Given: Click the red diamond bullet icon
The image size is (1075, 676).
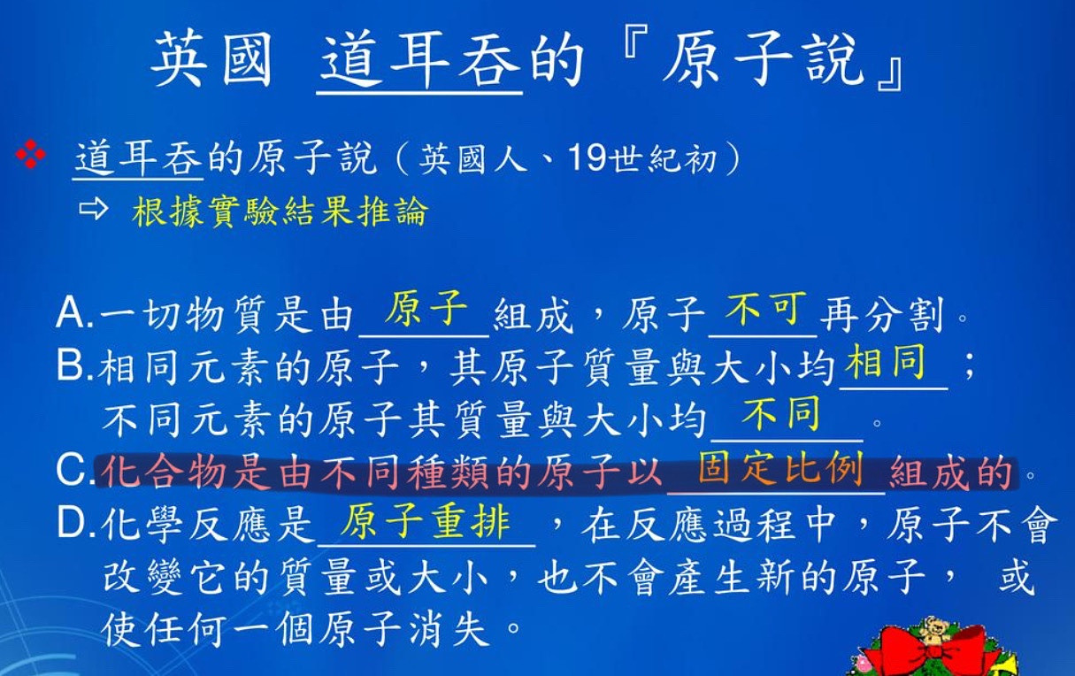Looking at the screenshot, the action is (31, 155).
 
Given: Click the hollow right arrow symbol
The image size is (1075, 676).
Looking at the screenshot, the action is (93, 209).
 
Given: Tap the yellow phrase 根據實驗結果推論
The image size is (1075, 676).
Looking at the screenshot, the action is (280, 211).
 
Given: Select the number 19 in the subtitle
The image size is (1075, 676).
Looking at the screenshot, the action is (587, 157).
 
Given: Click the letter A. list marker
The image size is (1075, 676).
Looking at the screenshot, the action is (74, 313).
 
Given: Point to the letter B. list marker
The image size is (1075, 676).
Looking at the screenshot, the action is (74, 365).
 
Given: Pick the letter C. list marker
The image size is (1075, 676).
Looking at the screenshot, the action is (75, 470).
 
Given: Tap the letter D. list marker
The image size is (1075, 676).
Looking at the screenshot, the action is (76, 522).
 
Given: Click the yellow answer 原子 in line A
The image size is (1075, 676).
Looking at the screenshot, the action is (426, 309).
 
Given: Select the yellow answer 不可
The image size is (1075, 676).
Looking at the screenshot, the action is (765, 309).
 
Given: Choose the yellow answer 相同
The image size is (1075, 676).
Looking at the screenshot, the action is (885, 362).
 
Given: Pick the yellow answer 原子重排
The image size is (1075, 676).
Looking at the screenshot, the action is (426, 521).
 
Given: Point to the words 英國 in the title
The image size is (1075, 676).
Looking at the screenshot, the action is (212, 60).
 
